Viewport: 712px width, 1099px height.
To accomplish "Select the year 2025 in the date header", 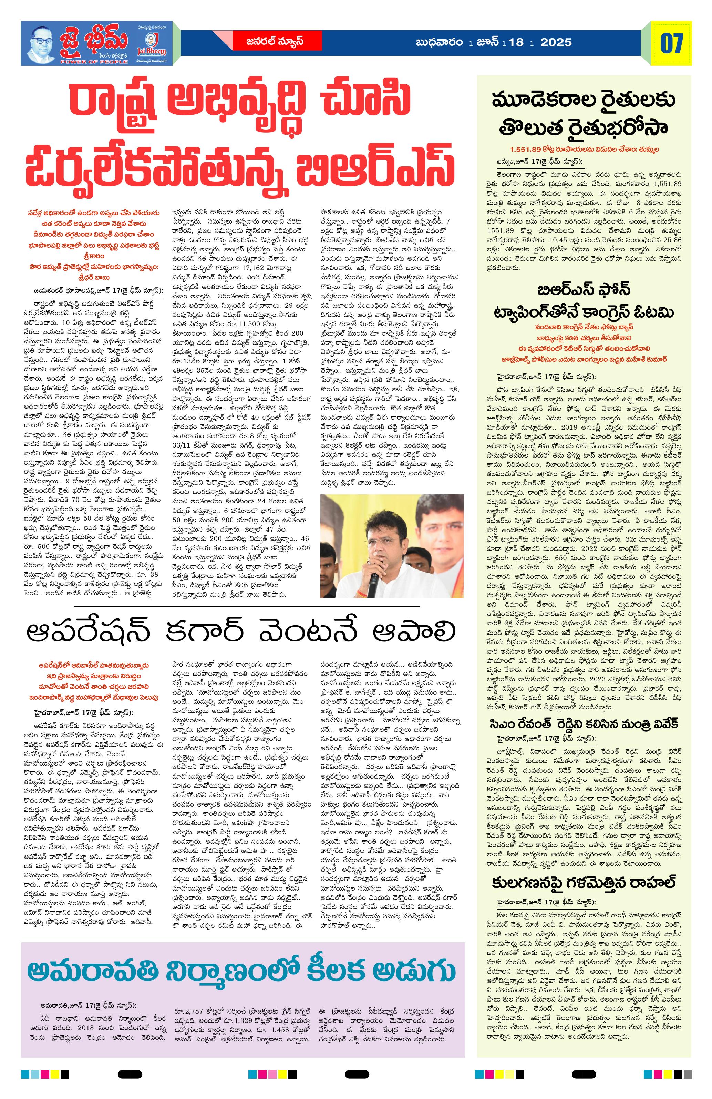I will (556, 42).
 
